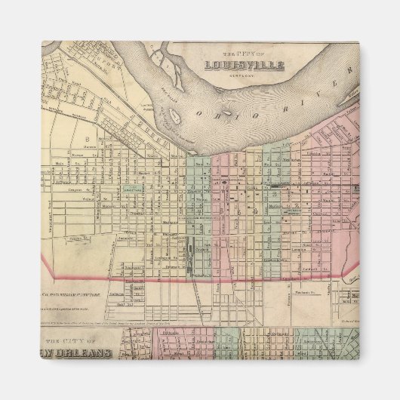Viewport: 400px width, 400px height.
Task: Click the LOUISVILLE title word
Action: (243, 65)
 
